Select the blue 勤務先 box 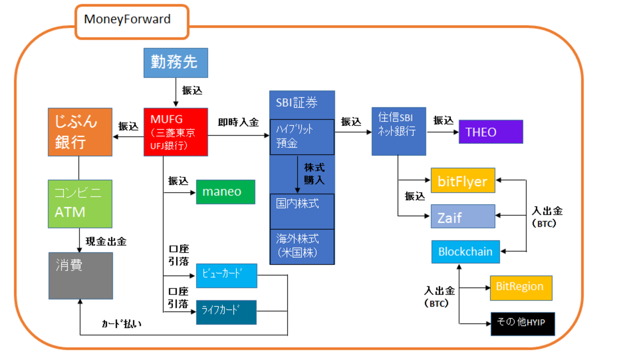pyautogui.click(x=176, y=63)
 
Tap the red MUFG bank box pyautogui.click(x=176, y=132)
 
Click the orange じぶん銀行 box pyautogui.click(x=80, y=132)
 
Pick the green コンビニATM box pyautogui.click(x=80, y=204)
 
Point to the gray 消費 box pyautogui.click(x=81, y=276)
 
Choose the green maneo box pyautogui.click(x=226, y=192)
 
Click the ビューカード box pyautogui.click(x=226, y=276)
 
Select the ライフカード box pyautogui.click(x=226, y=312)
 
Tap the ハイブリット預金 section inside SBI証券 pyautogui.click(x=302, y=137)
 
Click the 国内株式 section pyautogui.click(x=302, y=211)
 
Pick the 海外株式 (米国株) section pyautogui.click(x=302, y=246)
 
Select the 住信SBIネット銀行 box pyautogui.click(x=399, y=131)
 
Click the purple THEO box pyautogui.click(x=491, y=132)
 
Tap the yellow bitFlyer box pyautogui.click(x=462, y=181)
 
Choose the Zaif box pyautogui.click(x=462, y=217)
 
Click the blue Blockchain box pyautogui.click(x=465, y=252)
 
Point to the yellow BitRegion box pyautogui.click(x=520, y=288)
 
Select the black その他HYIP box pyautogui.click(x=523, y=324)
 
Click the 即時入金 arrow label pyautogui.click(x=238, y=123)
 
